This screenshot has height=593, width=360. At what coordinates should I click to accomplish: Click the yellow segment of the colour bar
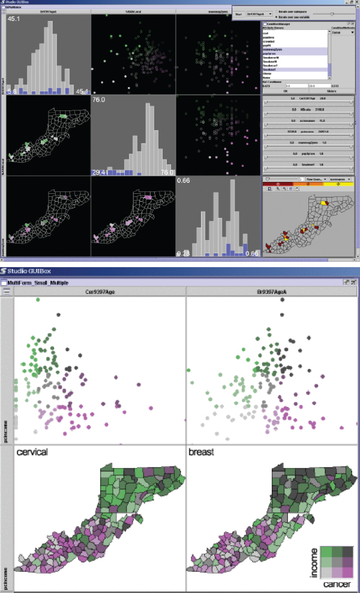(338, 184)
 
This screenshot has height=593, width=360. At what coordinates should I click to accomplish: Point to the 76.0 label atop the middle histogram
(100, 101)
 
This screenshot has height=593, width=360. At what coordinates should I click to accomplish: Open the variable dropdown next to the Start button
(262, 13)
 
